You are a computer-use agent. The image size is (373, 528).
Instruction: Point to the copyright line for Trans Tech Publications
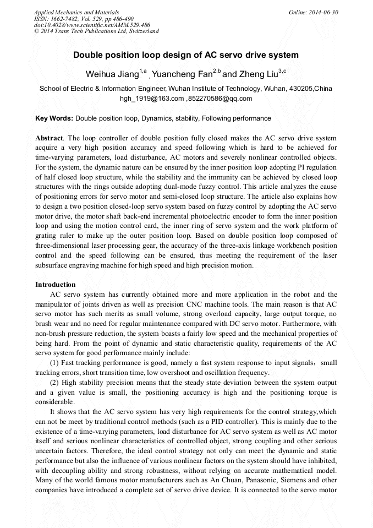point(96,31)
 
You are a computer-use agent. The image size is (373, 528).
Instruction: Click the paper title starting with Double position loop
point(186,55)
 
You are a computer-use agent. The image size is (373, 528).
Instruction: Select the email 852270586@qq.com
point(220,99)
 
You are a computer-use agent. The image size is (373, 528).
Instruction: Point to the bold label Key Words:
point(54,118)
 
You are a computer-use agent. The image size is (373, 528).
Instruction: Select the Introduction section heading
point(56,285)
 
